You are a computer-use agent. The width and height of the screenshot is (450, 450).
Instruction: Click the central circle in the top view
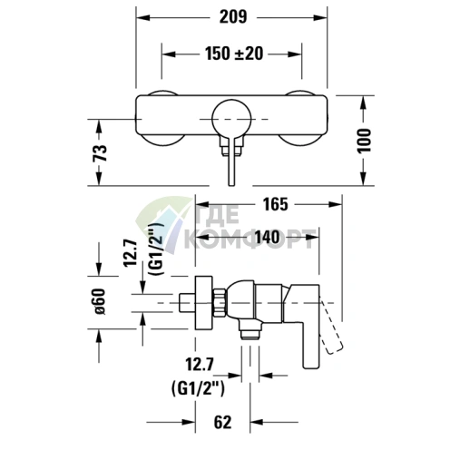coord(230,119)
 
